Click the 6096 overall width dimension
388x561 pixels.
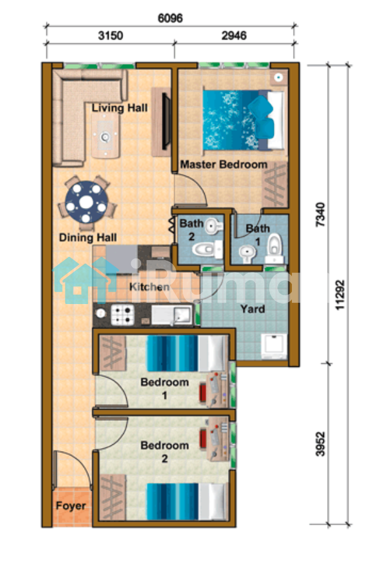coord(170,18)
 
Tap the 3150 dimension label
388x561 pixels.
coord(110,36)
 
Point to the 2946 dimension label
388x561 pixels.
coord(234,36)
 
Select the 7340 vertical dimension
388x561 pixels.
coord(321,214)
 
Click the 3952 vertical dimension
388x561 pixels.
coord(321,444)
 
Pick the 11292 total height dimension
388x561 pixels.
coord(340,295)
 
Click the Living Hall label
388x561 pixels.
coord(119,108)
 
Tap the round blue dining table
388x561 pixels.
coord(87,202)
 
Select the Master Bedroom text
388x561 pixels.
coord(224,165)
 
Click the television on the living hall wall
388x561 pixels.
coord(166,121)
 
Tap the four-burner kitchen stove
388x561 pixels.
coord(122,315)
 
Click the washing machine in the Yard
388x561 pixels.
coord(274,346)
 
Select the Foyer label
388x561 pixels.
coord(71,506)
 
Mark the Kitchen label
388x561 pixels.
coord(149,287)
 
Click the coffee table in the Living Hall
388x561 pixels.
coord(105,138)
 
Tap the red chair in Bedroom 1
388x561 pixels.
coord(203,392)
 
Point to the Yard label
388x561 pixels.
coord(253,309)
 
